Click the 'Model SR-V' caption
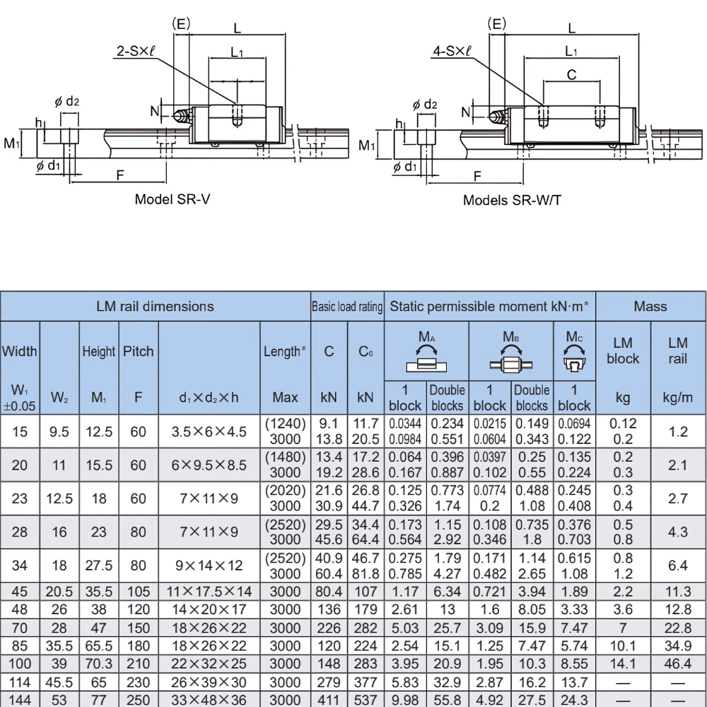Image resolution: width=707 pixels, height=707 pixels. (173, 199)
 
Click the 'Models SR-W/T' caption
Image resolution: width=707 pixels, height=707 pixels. (513, 199)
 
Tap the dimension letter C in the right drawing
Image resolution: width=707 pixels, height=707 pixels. (572, 74)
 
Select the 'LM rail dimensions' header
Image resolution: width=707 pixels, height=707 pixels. (155, 306)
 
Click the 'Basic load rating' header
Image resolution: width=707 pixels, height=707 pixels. (347, 307)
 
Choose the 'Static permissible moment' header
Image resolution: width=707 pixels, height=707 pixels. (490, 306)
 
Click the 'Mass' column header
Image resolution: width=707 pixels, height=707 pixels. (650, 306)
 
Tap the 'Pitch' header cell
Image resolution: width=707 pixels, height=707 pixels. (139, 351)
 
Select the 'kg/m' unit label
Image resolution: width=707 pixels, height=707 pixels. (677, 398)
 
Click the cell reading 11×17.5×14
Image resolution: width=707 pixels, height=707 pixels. (209, 592)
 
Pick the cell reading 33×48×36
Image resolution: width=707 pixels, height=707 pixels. (209, 698)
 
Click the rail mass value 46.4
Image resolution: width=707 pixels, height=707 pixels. (677, 662)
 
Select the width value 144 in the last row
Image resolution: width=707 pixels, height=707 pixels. (20, 698)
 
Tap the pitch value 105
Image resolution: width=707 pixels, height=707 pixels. (139, 592)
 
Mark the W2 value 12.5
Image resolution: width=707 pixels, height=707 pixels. (59, 498)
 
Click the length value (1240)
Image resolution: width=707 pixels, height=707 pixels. (285, 423)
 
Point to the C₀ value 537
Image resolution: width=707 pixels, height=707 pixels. (366, 698)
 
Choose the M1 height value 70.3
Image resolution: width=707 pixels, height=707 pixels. (99, 662)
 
